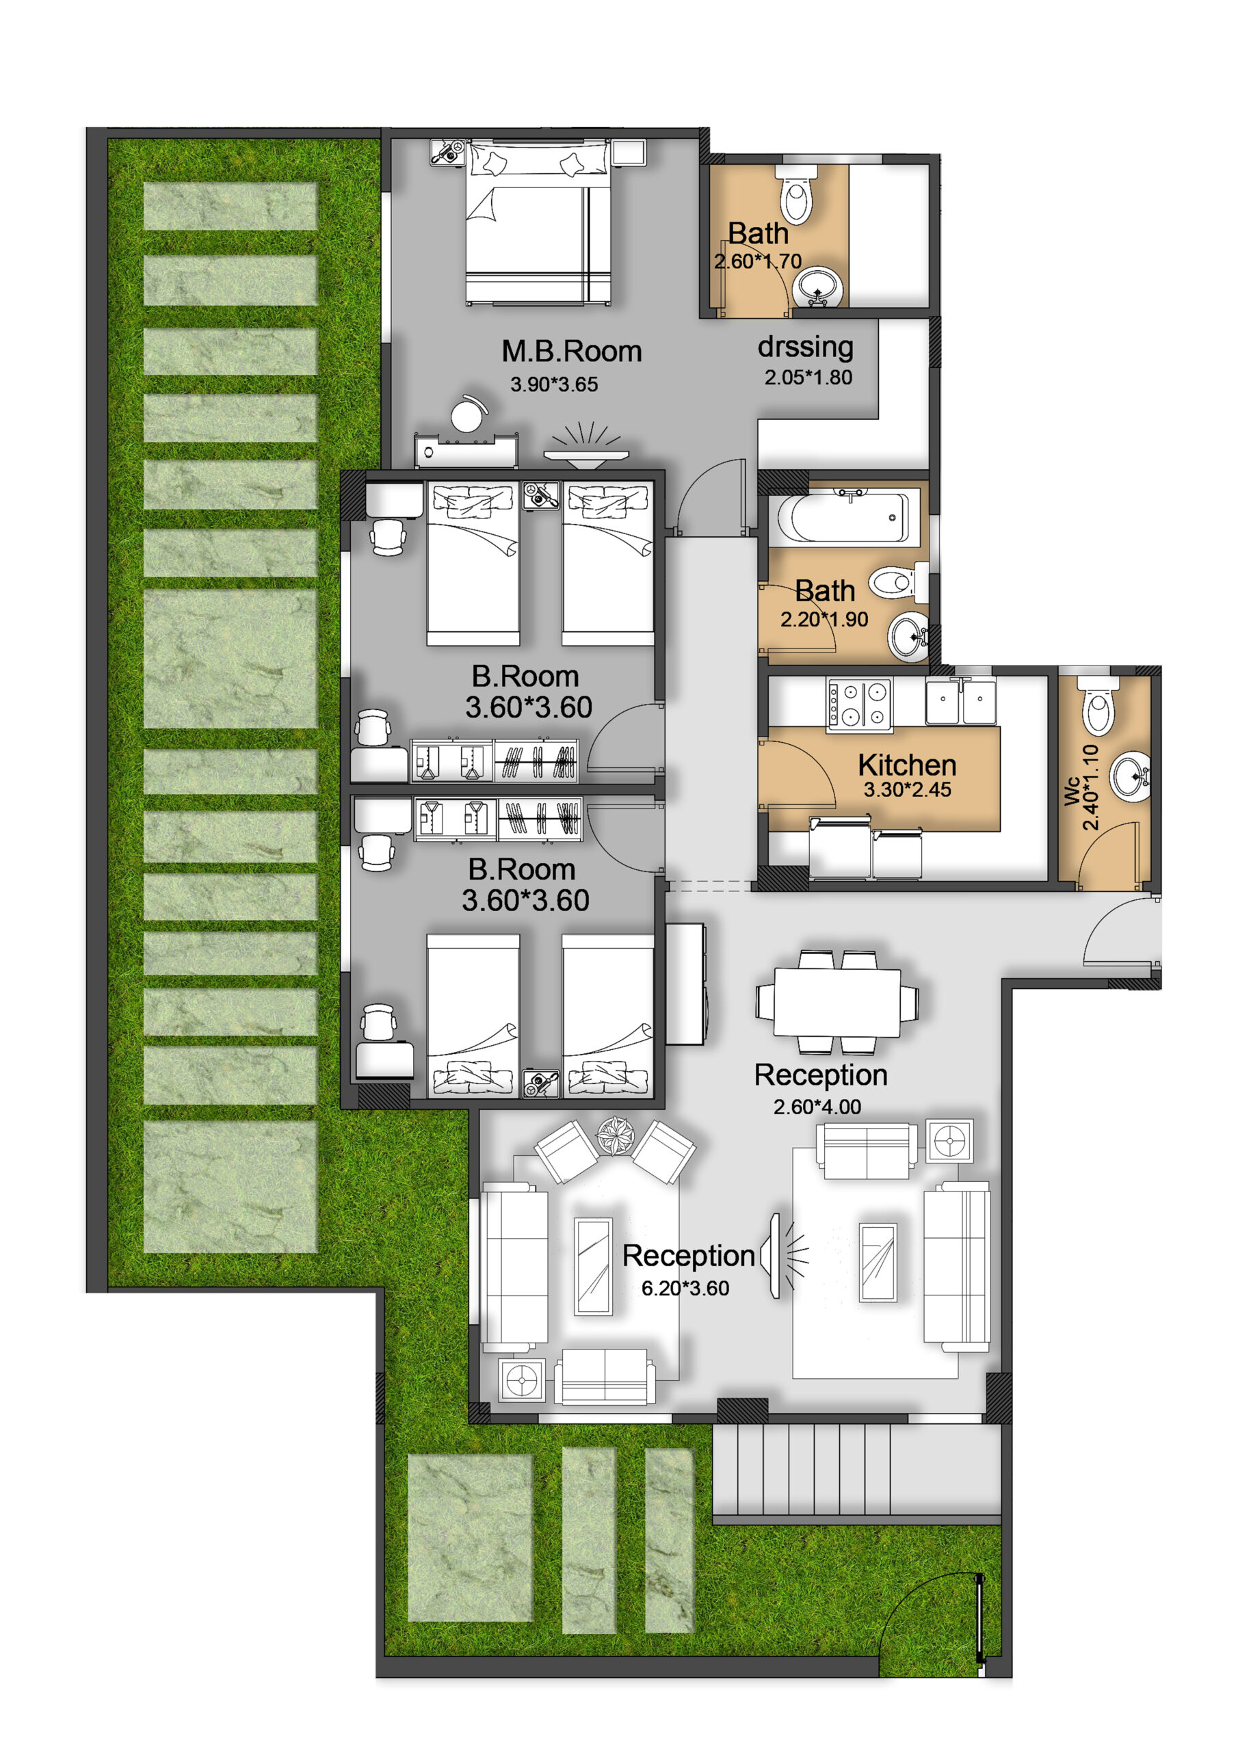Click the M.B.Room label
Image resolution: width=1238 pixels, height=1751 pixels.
click(x=571, y=352)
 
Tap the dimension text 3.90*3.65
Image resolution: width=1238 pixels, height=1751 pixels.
click(x=554, y=384)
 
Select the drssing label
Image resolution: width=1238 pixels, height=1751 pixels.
click(x=806, y=347)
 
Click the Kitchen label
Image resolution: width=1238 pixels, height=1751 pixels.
click(x=907, y=765)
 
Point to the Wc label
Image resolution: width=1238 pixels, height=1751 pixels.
click(x=1072, y=790)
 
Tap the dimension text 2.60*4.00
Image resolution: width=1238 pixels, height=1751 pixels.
click(x=817, y=1107)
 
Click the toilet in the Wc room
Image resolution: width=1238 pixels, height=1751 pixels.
click(x=1097, y=705)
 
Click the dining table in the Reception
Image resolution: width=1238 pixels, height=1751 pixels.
click(x=837, y=1001)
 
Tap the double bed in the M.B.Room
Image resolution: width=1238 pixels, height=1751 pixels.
click(x=539, y=223)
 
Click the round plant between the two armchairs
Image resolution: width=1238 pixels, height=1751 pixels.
click(x=615, y=1135)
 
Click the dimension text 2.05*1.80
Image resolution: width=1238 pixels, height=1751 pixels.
click(x=808, y=377)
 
